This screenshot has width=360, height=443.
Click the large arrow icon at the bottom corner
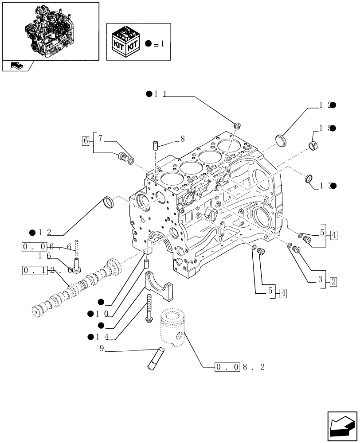tap(341, 426)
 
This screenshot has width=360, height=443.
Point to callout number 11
tap(160, 94)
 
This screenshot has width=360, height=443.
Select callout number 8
tap(182, 139)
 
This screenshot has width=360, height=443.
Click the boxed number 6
tap(85, 141)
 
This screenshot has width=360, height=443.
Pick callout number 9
tap(102, 349)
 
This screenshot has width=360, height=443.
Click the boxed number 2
tap(333, 281)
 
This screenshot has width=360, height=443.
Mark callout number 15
tap(324, 128)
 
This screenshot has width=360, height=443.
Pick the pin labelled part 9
tap(155, 358)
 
